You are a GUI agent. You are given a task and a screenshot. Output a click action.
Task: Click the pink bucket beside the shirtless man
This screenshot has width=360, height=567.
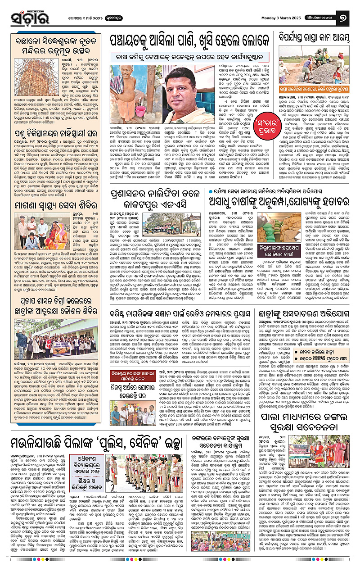pyautogui.click(x=140, y=110)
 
